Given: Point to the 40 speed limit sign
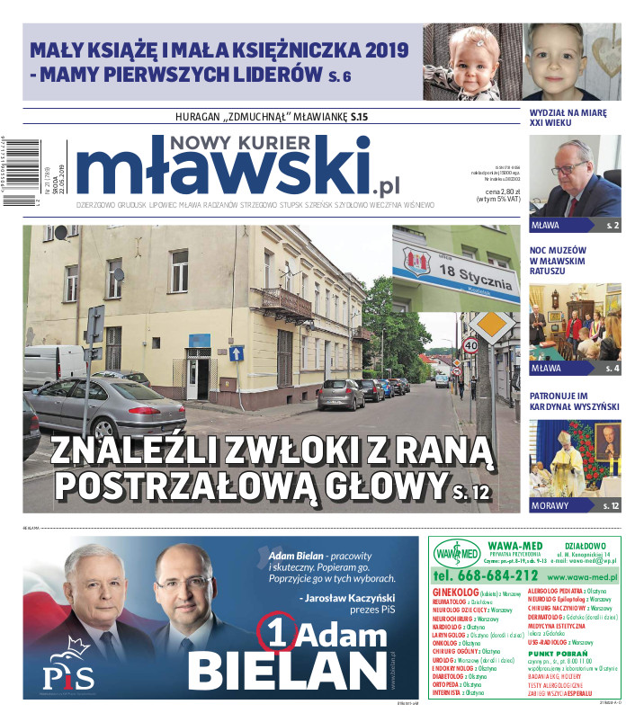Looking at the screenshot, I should point(470,345).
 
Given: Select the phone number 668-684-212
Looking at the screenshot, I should point(486,575).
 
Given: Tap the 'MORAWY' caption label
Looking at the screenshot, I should point(550,505).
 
